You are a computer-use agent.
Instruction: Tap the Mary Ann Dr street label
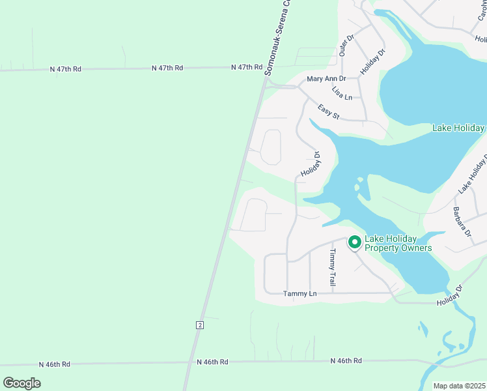coord(326,79)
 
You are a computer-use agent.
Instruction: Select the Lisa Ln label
coord(341,93)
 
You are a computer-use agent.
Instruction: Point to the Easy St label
coord(329,111)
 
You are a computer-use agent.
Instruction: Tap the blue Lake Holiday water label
coord(458,128)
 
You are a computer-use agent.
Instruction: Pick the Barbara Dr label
coord(462,221)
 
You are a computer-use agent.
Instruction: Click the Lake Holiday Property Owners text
coord(398,243)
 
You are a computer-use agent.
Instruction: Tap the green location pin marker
coord(355,242)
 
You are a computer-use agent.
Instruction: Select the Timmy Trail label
coord(332,268)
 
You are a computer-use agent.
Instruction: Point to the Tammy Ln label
coord(299,294)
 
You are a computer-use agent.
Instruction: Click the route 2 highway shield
coord(200,325)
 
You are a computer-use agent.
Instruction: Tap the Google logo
coord(22,383)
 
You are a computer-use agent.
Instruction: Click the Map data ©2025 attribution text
coord(458,386)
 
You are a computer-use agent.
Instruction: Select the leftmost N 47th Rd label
coord(66,68)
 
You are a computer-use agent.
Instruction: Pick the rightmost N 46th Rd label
coord(345,360)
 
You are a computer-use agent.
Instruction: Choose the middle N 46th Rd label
coord(212,362)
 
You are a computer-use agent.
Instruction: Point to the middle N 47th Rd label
coord(167,68)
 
